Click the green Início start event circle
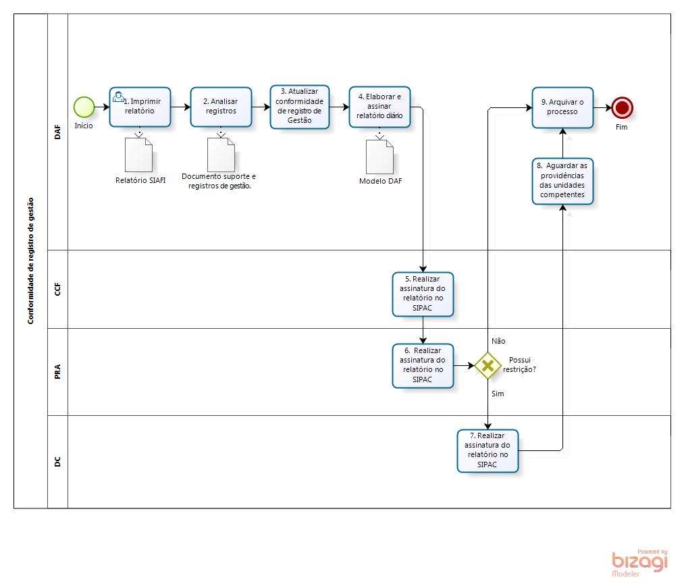(84, 107)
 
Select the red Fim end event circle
(621, 107)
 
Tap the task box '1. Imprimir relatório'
(140, 107)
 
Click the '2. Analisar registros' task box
(221, 107)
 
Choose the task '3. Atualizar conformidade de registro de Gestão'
(300, 107)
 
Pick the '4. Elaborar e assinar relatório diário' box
(379, 107)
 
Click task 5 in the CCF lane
(423, 294)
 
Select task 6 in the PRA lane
(423, 365)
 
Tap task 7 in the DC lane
(488, 450)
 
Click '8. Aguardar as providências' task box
(562, 181)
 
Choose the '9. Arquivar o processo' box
(562, 107)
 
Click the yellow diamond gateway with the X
(488, 365)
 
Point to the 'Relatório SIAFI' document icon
(139, 155)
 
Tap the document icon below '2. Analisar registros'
(221, 155)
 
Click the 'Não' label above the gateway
(498, 341)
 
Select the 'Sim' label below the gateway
(498, 393)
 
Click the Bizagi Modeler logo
(639, 562)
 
